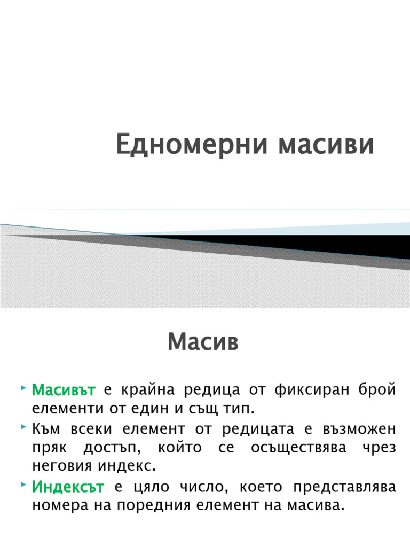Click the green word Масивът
(64, 390)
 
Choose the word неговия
(62, 466)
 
